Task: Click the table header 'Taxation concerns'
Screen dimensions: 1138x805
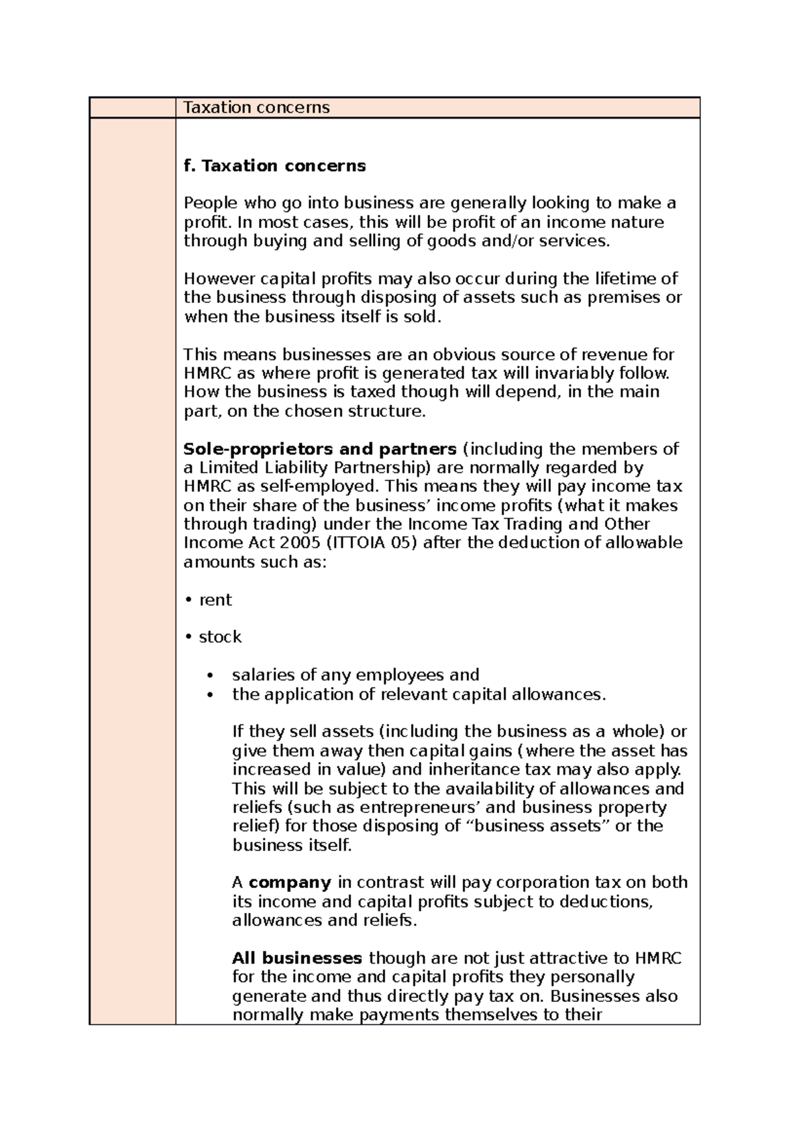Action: tap(257, 108)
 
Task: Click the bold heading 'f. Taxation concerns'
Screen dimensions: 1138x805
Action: tap(274, 166)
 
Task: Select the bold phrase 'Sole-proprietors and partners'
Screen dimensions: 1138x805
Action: tap(320, 448)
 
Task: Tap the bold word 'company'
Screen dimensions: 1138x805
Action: tap(290, 883)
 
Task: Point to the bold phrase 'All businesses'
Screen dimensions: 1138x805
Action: tap(297, 958)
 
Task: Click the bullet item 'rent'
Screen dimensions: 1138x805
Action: tap(215, 600)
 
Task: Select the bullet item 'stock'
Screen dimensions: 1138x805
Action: tap(219, 637)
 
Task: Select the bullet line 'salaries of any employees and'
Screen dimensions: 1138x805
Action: tap(356, 675)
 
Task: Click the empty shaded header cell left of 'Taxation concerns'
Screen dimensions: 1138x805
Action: tap(132, 108)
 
